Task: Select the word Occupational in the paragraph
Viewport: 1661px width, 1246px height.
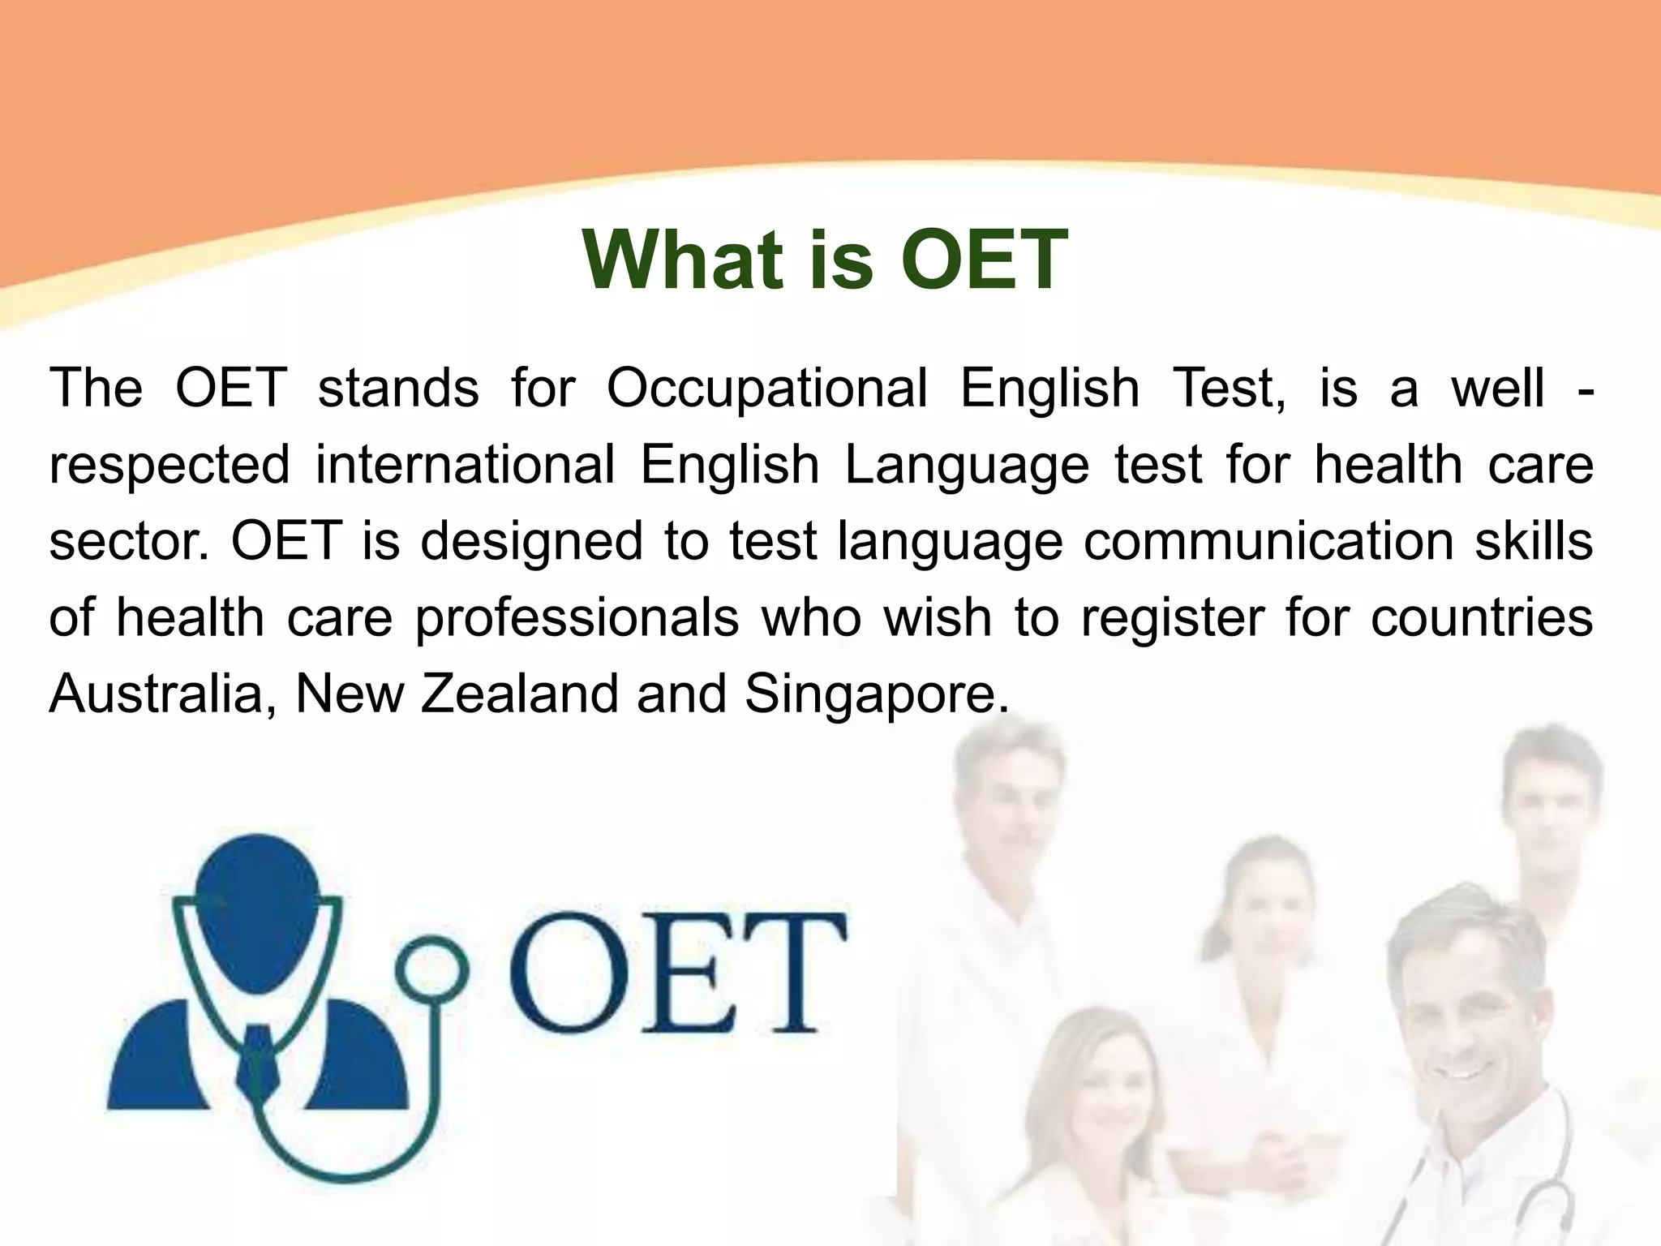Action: [x=766, y=388]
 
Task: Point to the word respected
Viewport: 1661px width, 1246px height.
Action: [x=170, y=466]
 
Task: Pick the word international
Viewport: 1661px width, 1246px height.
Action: [x=465, y=464]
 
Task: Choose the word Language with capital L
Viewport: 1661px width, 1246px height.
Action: [x=966, y=466]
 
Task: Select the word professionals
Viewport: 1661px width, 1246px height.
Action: [x=577, y=618]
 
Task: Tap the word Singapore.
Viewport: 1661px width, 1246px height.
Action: [x=876, y=695]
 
